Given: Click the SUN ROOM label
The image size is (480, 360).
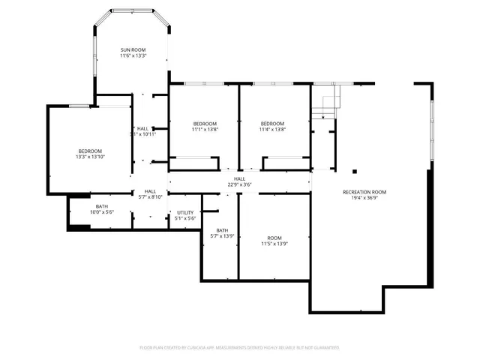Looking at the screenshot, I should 133,49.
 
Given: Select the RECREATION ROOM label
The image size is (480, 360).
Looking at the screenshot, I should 370,192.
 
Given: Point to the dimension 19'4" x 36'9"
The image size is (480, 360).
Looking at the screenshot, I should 370,199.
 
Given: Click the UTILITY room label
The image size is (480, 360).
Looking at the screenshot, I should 185,212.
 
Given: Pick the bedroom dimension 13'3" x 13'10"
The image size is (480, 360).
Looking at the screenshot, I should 89,157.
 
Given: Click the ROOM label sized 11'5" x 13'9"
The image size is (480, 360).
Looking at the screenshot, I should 274,237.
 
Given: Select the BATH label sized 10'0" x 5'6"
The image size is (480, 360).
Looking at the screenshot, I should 101,206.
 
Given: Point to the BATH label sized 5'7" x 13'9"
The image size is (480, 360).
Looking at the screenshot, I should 222,230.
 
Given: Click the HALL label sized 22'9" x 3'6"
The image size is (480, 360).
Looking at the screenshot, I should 239,178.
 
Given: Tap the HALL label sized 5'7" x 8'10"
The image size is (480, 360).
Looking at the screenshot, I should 150,191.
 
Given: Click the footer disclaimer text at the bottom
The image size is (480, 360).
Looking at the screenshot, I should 239,348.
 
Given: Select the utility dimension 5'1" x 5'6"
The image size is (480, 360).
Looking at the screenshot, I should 185,219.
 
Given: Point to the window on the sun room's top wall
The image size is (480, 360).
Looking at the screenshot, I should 132,10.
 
